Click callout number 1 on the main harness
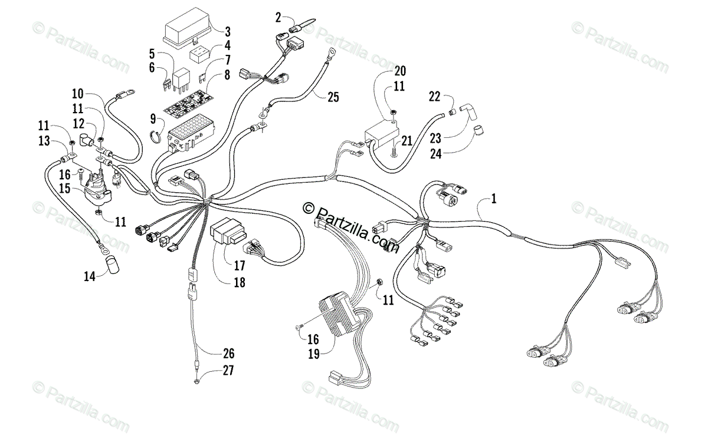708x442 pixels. (494, 199)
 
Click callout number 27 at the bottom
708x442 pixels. (228, 371)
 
